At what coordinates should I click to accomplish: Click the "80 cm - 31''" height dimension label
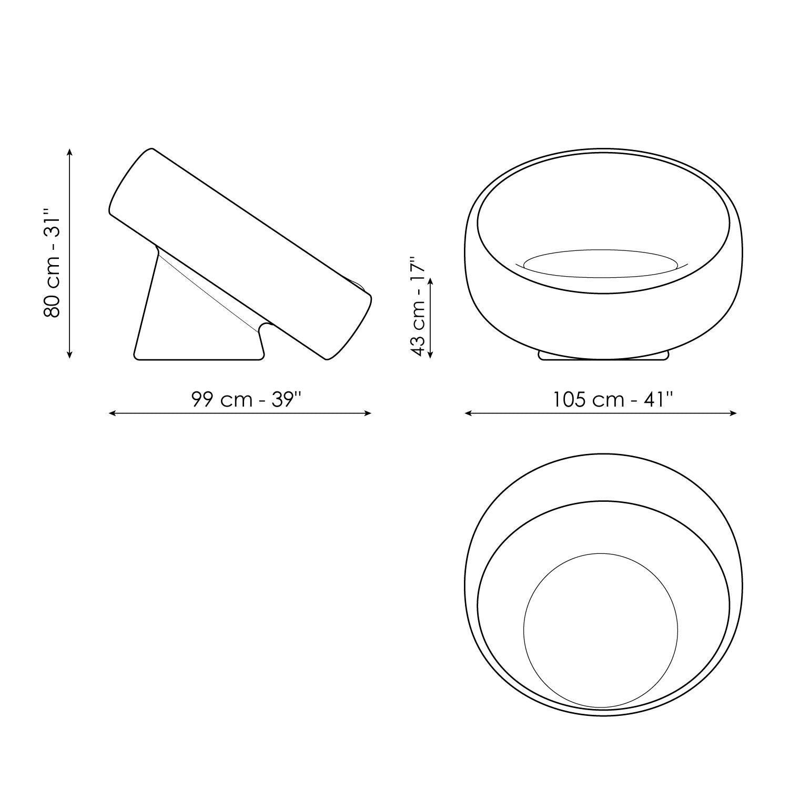point(53,263)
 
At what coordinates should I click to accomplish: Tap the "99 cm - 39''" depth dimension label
point(246,400)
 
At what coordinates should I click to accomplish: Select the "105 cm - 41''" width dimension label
point(613,400)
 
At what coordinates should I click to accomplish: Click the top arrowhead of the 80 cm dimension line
point(70,152)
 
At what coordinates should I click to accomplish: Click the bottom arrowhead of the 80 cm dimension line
point(70,355)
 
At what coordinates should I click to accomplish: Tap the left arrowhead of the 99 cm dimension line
point(112,413)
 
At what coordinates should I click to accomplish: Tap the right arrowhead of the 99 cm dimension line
point(368,413)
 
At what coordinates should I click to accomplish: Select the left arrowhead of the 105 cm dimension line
point(468,413)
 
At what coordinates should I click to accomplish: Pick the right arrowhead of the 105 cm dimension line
point(733,413)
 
